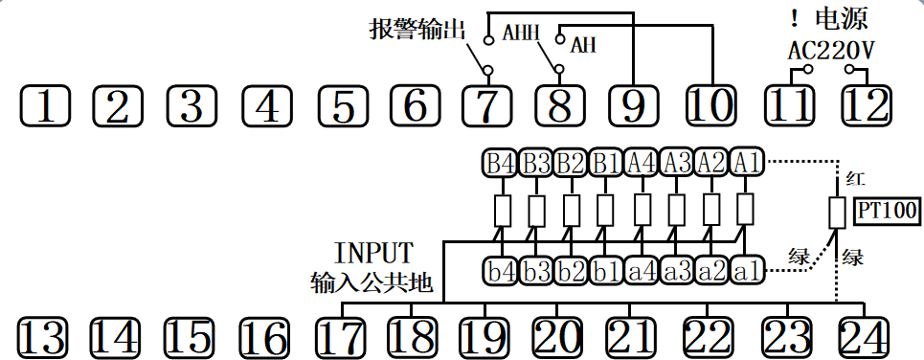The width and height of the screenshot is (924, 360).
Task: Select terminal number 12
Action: tap(865, 104)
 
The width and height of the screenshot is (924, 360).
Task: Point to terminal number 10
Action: tap(710, 104)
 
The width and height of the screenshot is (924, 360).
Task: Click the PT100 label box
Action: tap(886, 211)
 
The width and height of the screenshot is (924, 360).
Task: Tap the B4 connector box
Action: tap(501, 163)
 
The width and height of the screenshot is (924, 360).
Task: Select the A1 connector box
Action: tap(748, 163)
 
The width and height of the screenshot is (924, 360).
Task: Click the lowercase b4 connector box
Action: tap(501, 271)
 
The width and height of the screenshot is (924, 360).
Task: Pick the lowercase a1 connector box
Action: tap(748, 271)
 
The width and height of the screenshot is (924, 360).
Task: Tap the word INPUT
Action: tap(373, 254)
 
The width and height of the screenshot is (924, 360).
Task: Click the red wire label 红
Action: tap(855, 179)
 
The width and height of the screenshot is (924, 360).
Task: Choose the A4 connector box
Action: tap(642, 163)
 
